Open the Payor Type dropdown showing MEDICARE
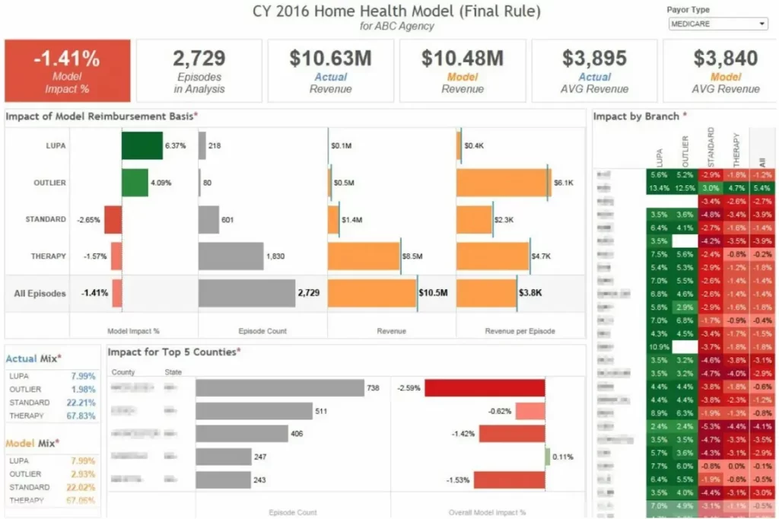717,24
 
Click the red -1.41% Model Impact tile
67,70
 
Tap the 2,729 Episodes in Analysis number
199,59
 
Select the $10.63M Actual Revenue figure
330,59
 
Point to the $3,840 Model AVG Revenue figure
725,59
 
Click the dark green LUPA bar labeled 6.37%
142,145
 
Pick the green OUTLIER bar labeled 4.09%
135,183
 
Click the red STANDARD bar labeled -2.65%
113,219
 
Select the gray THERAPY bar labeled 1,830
231,256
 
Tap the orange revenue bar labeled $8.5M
364,256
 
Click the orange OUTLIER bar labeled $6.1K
504,183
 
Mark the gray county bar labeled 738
279,388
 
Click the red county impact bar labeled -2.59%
485,388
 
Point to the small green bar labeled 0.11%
547,457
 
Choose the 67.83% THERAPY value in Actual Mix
81,416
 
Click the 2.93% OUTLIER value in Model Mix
81,474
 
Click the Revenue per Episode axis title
520,331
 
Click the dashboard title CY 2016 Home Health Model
397,11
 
